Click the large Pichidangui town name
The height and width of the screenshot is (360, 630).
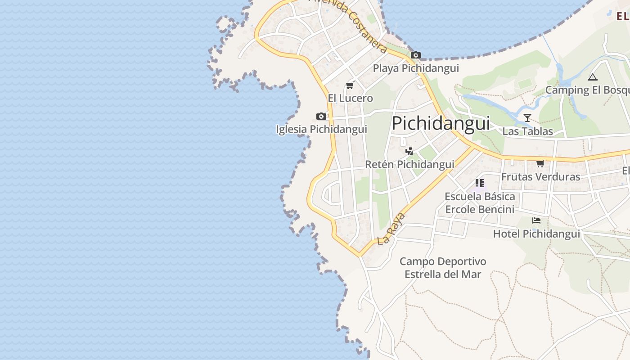pyautogui.click(x=441, y=123)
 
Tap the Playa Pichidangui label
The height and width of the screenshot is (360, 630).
pyautogui.click(x=416, y=68)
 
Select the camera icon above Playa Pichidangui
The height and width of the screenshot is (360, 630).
pyautogui.click(x=416, y=55)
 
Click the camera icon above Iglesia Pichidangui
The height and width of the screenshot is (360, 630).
pyautogui.click(x=321, y=117)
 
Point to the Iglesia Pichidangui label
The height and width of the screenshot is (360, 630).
pyautogui.click(x=321, y=130)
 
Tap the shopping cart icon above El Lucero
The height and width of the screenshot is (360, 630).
pyautogui.click(x=350, y=85)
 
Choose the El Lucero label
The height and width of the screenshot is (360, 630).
pyautogui.click(x=350, y=98)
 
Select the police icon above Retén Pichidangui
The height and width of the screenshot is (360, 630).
pyautogui.click(x=409, y=151)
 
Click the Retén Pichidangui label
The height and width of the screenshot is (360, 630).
pyautogui.click(x=409, y=165)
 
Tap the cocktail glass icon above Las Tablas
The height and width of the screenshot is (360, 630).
pyautogui.click(x=527, y=118)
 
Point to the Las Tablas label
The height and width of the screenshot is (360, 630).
pyautogui.click(x=527, y=131)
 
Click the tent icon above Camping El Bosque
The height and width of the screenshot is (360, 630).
pyautogui.click(x=593, y=77)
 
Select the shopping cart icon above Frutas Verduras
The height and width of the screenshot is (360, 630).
pyautogui.click(x=540, y=163)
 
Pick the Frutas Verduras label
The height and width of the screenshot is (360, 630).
pyautogui.click(x=540, y=177)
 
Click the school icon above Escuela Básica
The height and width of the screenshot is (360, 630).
pyautogui.click(x=480, y=183)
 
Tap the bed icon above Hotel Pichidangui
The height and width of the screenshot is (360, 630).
pyautogui.click(x=536, y=220)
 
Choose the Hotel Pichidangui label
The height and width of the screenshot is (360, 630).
pyautogui.click(x=536, y=234)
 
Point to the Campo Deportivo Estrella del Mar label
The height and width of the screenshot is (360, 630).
pyautogui.click(x=443, y=268)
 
